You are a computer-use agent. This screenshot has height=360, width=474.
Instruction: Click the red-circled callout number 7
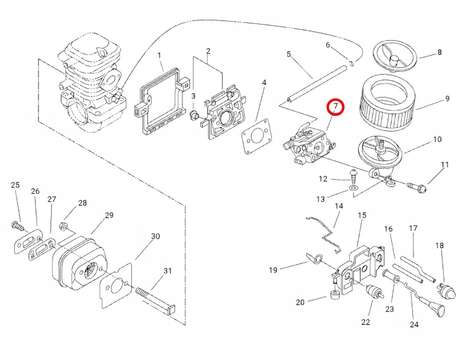click(x=335, y=107)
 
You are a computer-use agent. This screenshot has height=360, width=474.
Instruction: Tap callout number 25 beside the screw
click(x=15, y=185)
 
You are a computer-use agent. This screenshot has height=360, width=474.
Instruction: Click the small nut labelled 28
click(x=63, y=227)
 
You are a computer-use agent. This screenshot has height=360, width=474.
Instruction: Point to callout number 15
click(x=361, y=215)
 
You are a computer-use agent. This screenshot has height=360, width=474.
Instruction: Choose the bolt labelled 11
click(x=419, y=186)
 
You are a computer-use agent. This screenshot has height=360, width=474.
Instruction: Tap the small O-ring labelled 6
click(x=350, y=63)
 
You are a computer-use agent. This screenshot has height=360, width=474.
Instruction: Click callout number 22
click(x=366, y=322)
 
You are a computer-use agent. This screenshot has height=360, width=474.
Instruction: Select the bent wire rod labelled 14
click(x=328, y=231)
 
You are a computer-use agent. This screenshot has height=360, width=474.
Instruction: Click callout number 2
click(x=208, y=51)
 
